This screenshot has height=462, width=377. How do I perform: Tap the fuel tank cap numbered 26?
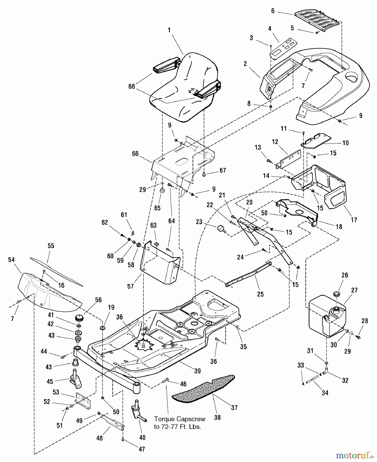pos(336,294)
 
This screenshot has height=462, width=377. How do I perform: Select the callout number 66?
pos(135,154)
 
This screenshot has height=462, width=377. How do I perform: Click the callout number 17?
pos(354,220)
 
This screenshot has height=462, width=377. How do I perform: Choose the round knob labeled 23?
pos(221,228)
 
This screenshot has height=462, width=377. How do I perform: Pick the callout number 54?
pos(11,260)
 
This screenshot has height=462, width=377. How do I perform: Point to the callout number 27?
pos(354,290)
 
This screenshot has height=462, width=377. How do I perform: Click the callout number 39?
pos(197,371)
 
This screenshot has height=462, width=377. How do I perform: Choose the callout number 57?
pos(130,286)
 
